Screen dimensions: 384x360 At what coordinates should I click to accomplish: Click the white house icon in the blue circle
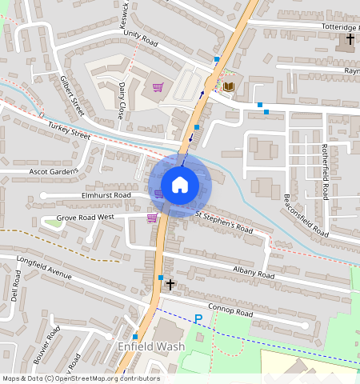click(180, 185)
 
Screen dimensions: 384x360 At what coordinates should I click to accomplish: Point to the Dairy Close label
click(122, 100)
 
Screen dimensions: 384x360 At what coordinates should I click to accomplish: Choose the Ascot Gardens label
click(53, 171)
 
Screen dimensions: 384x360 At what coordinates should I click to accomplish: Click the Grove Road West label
click(90, 217)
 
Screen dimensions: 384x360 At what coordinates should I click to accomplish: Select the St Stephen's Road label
click(224, 221)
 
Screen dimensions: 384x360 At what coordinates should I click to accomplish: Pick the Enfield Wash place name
click(151, 346)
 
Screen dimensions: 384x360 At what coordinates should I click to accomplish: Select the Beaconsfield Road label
click(306, 215)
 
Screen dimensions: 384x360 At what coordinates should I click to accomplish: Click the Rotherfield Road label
click(325, 172)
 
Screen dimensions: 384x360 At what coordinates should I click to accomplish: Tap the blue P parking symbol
click(198, 319)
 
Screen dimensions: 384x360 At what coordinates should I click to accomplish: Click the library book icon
click(229, 86)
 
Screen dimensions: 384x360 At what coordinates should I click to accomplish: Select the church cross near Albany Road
click(170, 284)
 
